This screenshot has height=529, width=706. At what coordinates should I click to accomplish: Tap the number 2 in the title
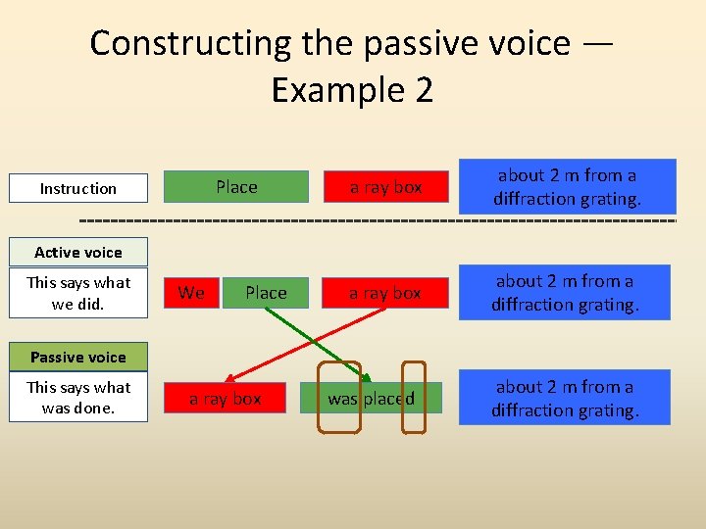pyautogui.click(x=423, y=90)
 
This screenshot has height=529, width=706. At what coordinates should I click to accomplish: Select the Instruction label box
pyautogui.click(x=78, y=188)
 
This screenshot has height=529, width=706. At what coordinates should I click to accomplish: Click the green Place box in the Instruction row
pyautogui.click(x=236, y=187)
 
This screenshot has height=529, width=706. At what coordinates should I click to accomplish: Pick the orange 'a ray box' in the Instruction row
pyautogui.click(x=385, y=187)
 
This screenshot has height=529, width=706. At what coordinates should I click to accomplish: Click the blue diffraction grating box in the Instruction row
pyautogui.click(x=567, y=186)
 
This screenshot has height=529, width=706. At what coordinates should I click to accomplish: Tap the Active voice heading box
pyautogui.click(x=78, y=253)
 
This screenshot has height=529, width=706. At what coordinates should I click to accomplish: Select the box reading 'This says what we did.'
pyautogui.click(x=78, y=293)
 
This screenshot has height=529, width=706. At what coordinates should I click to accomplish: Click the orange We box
pyautogui.click(x=192, y=293)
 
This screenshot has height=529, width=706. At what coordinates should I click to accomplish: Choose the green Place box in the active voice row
pyautogui.click(x=266, y=293)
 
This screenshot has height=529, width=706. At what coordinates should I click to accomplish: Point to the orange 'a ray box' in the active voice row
pyautogui.click(x=385, y=293)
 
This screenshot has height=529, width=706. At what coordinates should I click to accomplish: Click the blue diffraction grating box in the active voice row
pyautogui.click(x=565, y=293)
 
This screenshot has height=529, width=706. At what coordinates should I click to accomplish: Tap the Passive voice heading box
pyautogui.click(x=78, y=358)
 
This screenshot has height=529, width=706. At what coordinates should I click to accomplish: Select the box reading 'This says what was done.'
pyautogui.click(x=78, y=398)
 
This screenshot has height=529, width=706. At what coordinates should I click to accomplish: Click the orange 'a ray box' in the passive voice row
pyautogui.click(x=226, y=399)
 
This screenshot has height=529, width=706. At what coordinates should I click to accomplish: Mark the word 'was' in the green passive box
pyautogui.click(x=342, y=399)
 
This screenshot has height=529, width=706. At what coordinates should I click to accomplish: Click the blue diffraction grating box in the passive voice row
pyautogui.click(x=565, y=398)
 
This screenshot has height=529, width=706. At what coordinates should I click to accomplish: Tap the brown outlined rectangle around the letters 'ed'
pyautogui.click(x=415, y=398)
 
